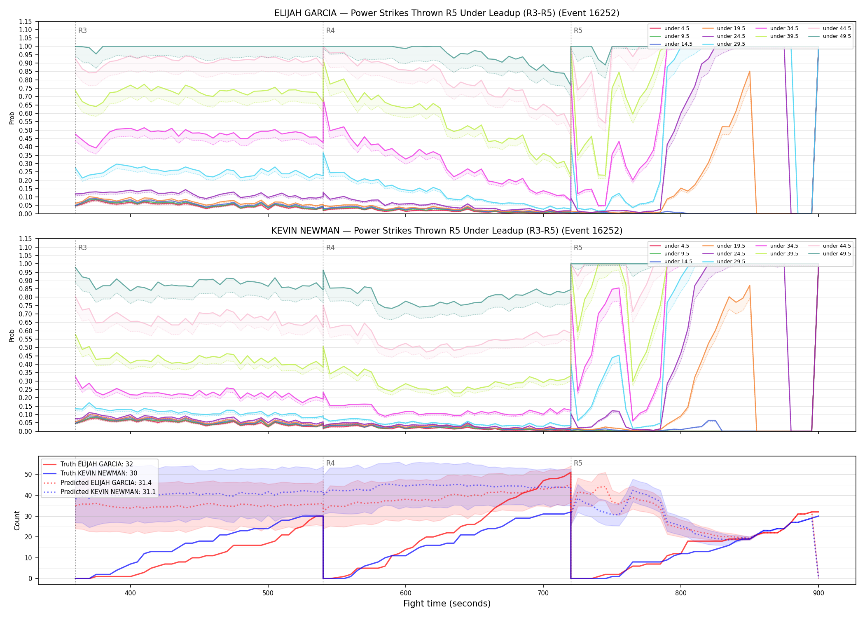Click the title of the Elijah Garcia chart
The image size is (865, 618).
(447, 13)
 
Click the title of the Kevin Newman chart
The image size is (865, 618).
(447, 231)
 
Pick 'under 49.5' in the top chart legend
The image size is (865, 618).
(837, 36)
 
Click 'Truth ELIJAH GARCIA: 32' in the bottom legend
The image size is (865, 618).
(97, 464)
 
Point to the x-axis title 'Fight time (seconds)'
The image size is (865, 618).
(447, 604)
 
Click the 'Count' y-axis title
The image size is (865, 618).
(17, 520)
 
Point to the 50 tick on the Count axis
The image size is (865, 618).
(28, 474)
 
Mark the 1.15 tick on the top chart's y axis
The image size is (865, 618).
(26, 21)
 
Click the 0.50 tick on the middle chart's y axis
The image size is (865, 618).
(26, 347)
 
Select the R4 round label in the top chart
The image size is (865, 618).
(330, 30)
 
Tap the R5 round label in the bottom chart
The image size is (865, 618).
(578, 463)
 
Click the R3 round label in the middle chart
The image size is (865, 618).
(82, 248)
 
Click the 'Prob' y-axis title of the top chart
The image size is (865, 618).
(12, 118)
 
